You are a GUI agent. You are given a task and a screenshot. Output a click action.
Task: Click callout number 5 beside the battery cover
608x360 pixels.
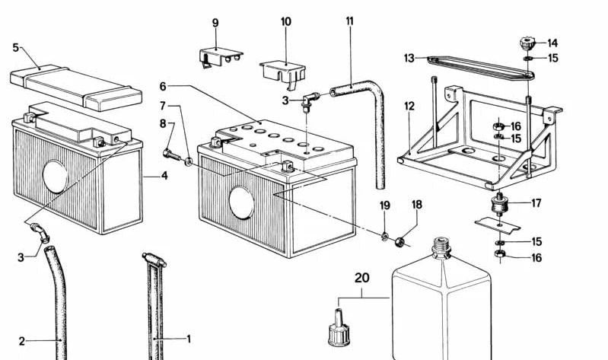pyautogui.click(x=15, y=47)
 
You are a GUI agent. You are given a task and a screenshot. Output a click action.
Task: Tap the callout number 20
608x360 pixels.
pyautogui.click(x=361, y=278)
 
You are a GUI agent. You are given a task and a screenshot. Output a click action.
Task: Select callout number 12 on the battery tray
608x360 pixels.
pyautogui.click(x=409, y=106)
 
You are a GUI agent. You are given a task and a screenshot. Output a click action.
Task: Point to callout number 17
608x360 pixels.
pyautogui.click(x=536, y=203)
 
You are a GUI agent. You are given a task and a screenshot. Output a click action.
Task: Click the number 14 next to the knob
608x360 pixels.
pyautogui.click(x=552, y=43)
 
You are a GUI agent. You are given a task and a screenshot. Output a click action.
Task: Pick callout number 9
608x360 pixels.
pyautogui.click(x=215, y=23)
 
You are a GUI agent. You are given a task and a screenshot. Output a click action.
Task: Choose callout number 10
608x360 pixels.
pyautogui.click(x=285, y=22)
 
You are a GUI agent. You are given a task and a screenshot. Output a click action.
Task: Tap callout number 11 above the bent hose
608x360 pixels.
pyautogui.click(x=349, y=21)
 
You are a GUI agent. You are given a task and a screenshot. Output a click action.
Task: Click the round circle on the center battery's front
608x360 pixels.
pyautogui.click(x=243, y=200)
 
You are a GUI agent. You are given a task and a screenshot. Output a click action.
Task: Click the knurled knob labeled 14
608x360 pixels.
pyautogui.click(x=526, y=42)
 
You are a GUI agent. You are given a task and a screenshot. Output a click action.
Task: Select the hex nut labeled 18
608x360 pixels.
pyautogui.click(x=401, y=242)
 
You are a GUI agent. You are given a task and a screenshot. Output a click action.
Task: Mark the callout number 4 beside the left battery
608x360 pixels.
pyautogui.click(x=164, y=177)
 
